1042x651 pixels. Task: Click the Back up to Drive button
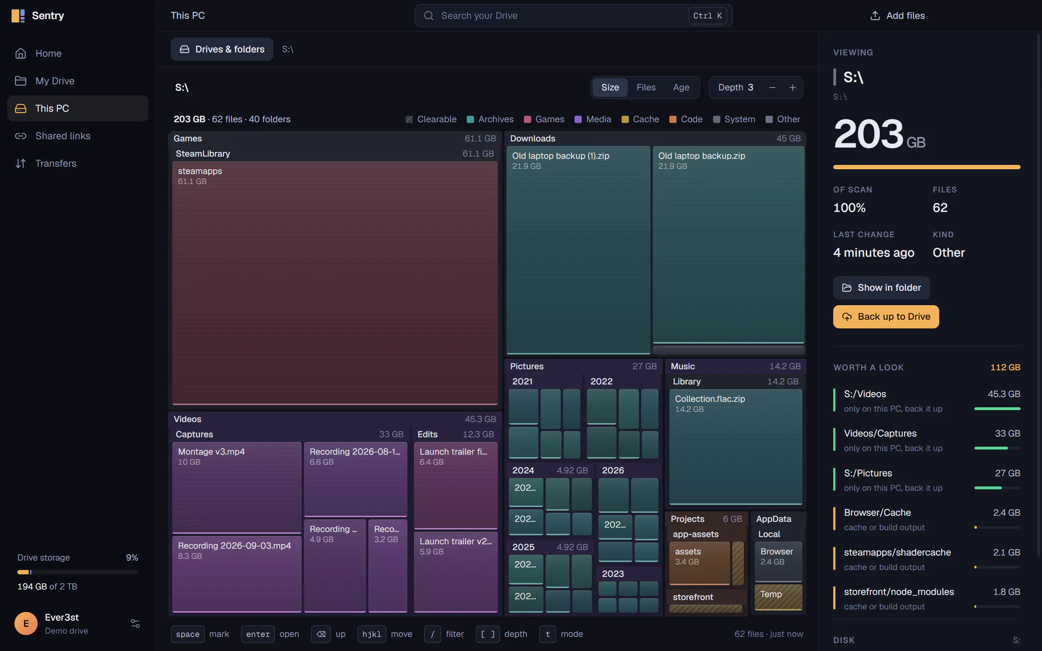tap(886, 317)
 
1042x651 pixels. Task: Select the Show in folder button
tap(881, 288)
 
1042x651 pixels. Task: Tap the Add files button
tap(897, 16)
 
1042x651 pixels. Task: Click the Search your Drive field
tap(574, 16)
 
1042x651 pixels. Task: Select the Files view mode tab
tap(646, 87)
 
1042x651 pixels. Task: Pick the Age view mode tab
tap(681, 87)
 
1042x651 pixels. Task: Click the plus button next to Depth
tap(792, 88)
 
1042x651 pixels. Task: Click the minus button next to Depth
tap(772, 88)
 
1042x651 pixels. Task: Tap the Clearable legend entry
tap(431, 119)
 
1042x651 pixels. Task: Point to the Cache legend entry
tap(640, 119)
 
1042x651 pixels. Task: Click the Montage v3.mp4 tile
tap(237, 487)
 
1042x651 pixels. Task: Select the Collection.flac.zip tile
tap(735, 447)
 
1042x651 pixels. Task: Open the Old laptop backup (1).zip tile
tap(578, 250)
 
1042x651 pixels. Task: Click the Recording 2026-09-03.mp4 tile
tap(237, 574)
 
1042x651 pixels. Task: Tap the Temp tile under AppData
tap(778, 597)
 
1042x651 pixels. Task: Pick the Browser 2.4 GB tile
tap(778, 562)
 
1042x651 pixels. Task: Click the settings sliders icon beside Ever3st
tap(135, 624)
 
